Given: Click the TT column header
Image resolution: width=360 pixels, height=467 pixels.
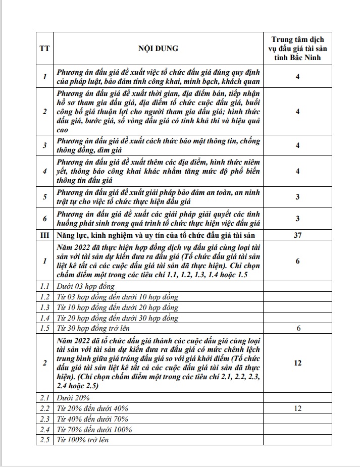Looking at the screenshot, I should (44, 49).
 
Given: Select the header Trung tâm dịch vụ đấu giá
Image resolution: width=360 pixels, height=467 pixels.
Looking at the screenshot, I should (297, 49).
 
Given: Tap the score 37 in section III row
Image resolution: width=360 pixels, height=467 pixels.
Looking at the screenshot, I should (297, 235).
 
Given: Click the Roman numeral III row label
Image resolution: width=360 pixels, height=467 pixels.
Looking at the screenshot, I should (44, 235).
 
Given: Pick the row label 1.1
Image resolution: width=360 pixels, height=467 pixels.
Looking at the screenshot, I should (44, 286).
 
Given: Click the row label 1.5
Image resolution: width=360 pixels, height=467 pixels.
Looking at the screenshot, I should (44, 329).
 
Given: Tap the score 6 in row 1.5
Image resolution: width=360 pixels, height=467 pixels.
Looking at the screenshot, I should (297, 329).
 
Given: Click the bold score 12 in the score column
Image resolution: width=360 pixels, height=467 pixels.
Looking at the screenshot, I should (297, 362).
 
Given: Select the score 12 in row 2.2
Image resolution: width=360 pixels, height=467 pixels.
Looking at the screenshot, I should (297, 408).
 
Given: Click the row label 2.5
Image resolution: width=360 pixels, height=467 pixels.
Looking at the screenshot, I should (44, 440).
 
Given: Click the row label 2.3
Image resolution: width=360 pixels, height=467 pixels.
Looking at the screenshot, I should (44, 419).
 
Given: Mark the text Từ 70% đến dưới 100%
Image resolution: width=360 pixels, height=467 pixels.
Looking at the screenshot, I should (95, 429).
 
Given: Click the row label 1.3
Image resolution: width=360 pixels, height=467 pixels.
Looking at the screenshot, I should (44, 307).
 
